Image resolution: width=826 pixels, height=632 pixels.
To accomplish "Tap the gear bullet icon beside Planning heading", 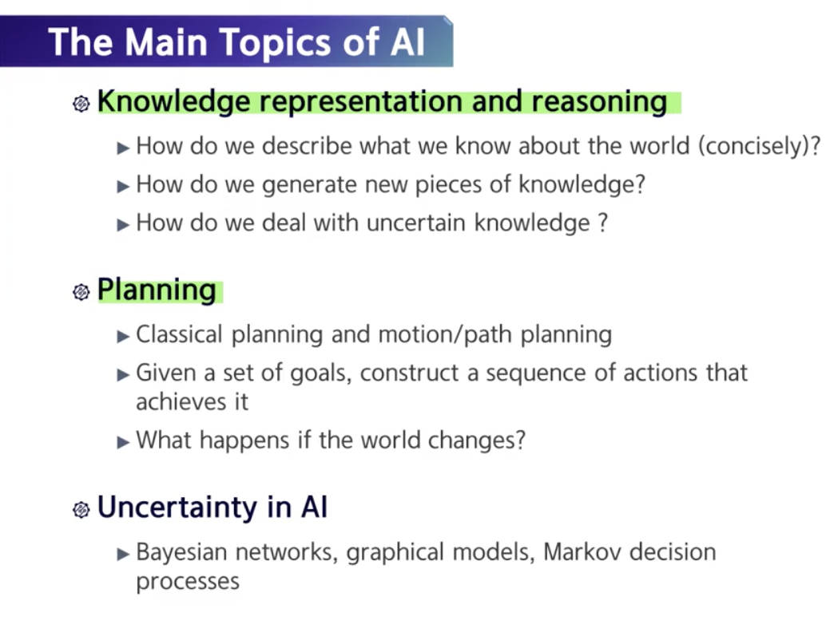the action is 81,292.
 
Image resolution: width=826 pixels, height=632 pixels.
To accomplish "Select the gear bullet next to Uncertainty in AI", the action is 81,509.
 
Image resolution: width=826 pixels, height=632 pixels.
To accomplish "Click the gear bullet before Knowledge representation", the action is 81,104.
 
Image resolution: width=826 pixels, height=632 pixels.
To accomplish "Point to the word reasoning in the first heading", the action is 599,102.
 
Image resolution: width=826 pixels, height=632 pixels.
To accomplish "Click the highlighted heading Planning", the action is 157,290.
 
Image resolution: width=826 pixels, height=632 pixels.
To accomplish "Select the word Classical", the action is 179,334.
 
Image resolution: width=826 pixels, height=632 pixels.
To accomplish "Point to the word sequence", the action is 536,373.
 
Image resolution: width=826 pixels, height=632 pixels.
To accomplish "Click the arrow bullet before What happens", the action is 123,442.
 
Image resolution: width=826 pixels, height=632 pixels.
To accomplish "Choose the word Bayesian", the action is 182,552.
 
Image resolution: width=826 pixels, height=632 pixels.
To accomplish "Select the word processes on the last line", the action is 188,582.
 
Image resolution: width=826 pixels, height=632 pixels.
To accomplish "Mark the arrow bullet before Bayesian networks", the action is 123,554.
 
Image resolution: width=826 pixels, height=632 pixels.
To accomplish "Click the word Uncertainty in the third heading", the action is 177,508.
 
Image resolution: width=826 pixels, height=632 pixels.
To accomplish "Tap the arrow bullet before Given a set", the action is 123,375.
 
